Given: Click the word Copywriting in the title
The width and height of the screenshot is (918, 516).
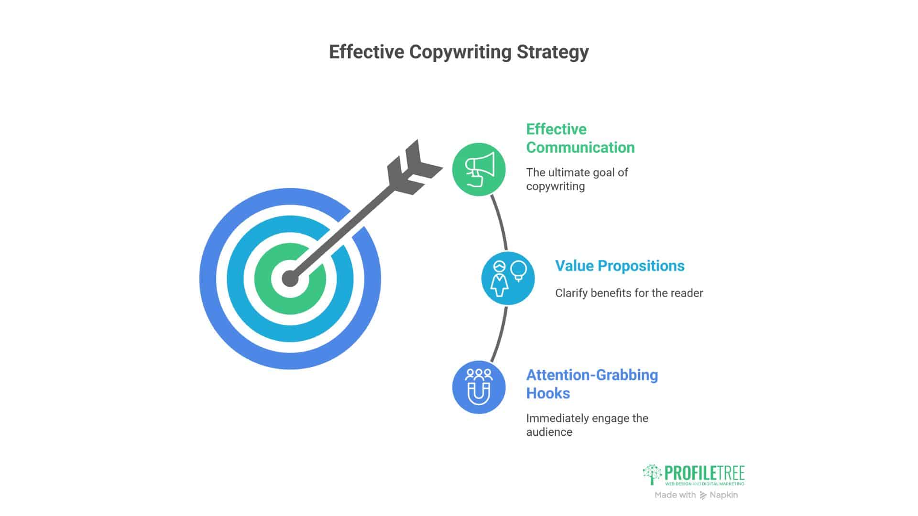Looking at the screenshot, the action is (x=460, y=52).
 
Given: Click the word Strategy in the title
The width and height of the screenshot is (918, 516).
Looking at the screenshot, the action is (x=553, y=52).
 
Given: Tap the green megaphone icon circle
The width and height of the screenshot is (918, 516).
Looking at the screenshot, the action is (x=479, y=169).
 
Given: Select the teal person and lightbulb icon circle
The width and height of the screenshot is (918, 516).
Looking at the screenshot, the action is (x=508, y=278).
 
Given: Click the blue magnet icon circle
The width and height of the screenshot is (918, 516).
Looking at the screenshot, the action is (x=479, y=387).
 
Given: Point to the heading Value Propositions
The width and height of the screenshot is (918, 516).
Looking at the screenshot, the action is (x=620, y=266).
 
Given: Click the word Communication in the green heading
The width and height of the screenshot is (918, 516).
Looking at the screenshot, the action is (x=580, y=147).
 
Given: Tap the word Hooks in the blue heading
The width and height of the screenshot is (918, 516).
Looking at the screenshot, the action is (x=548, y=393).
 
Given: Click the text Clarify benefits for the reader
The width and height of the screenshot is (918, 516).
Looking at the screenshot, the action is (x=629, y=293).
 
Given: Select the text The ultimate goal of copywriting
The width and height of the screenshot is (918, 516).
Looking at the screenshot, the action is (x=577, y=179).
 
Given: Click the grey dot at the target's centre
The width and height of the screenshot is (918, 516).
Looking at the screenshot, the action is (x=290, y=279).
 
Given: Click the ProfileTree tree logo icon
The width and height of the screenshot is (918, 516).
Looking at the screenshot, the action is (x=652, y=474).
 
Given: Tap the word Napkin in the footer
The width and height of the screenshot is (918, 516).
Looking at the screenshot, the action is (x=723, y=495).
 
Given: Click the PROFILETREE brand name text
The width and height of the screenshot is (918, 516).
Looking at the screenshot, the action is (x=705, y=473).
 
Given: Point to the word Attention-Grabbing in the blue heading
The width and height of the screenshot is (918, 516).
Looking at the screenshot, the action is (x=592, y=375).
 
